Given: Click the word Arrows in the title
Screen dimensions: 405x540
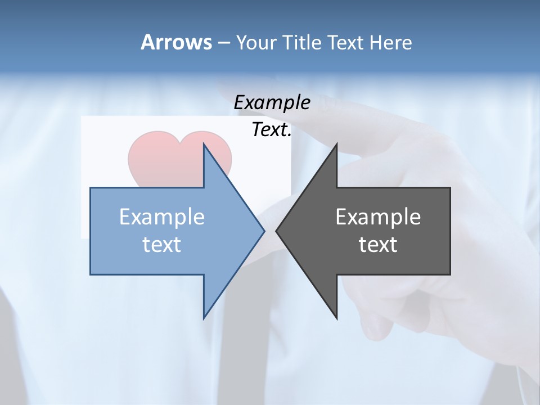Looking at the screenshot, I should click(175, 42).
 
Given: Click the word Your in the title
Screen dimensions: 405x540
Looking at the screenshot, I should click(256, 43).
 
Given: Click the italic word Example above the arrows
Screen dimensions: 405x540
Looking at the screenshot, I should click(272, 103).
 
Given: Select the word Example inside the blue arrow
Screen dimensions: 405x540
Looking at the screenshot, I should click(162, 217).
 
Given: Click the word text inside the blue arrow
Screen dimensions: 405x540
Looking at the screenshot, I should click(162, 245).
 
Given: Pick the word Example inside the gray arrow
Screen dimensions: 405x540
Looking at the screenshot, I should click(378, 217).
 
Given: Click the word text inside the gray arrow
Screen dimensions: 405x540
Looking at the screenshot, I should click(378, 245).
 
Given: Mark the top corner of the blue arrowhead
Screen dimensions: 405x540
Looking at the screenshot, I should click(204, 145).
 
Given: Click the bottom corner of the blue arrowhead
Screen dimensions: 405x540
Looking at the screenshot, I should click(204, 317).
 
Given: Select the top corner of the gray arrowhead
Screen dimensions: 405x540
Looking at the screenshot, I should click(336, 145).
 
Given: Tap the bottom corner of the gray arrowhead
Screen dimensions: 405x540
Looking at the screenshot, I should click(336, 317).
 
